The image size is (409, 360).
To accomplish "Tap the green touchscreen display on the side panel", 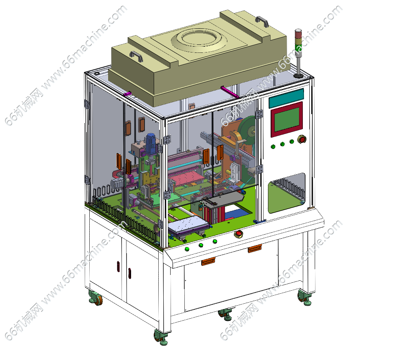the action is [287, 119].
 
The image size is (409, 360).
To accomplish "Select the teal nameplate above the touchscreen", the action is [286, 98].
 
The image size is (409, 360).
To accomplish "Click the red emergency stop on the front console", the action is [238, 234].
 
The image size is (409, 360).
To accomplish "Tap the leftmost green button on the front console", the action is [187, 249].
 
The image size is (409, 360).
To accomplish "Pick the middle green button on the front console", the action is [201, 245].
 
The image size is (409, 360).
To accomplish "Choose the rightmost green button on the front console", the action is [215, 241].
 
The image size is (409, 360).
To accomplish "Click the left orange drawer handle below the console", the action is [208, 261].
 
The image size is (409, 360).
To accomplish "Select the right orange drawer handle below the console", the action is [255, 249].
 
